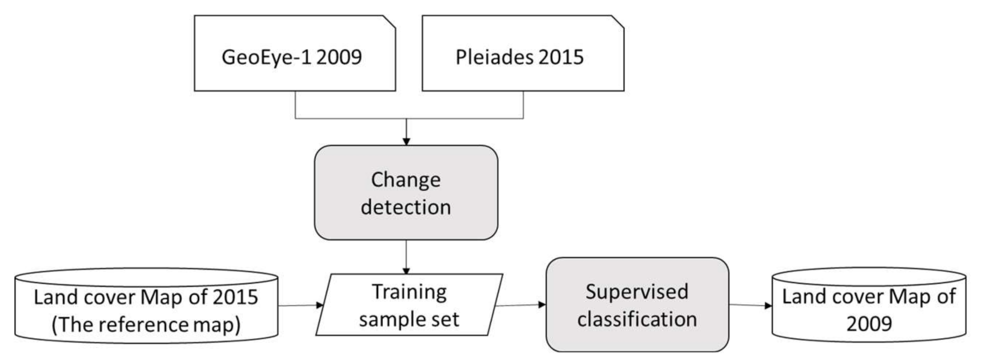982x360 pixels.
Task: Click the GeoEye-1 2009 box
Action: (x=294, y=53)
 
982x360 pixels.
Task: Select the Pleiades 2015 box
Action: (x=522, y=53)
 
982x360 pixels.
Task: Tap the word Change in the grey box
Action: (x=405, y=180)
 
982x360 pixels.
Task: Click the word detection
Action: (x=405, y=207)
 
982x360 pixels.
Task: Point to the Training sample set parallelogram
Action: (x=409, y=305)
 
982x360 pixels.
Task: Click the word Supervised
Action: (x=637, y=292)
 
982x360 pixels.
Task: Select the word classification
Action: (x=637, y=320)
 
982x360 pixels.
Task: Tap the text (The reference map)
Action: (x=146, y=325)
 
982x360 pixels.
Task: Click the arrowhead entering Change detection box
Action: (x=406, y=141)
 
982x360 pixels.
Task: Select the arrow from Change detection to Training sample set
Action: (x=406, y=256)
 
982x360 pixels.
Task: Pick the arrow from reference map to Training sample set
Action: (x=300, y=305)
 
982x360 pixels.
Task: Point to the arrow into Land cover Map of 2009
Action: (x=751, y=305)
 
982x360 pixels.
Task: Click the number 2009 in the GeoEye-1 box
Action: (x=339, y=57)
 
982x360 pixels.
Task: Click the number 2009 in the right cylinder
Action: (x=868, y=324)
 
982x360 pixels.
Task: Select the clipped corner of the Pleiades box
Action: (x=618, y=21)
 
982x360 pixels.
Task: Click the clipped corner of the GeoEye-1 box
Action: (x=389, y=21)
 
